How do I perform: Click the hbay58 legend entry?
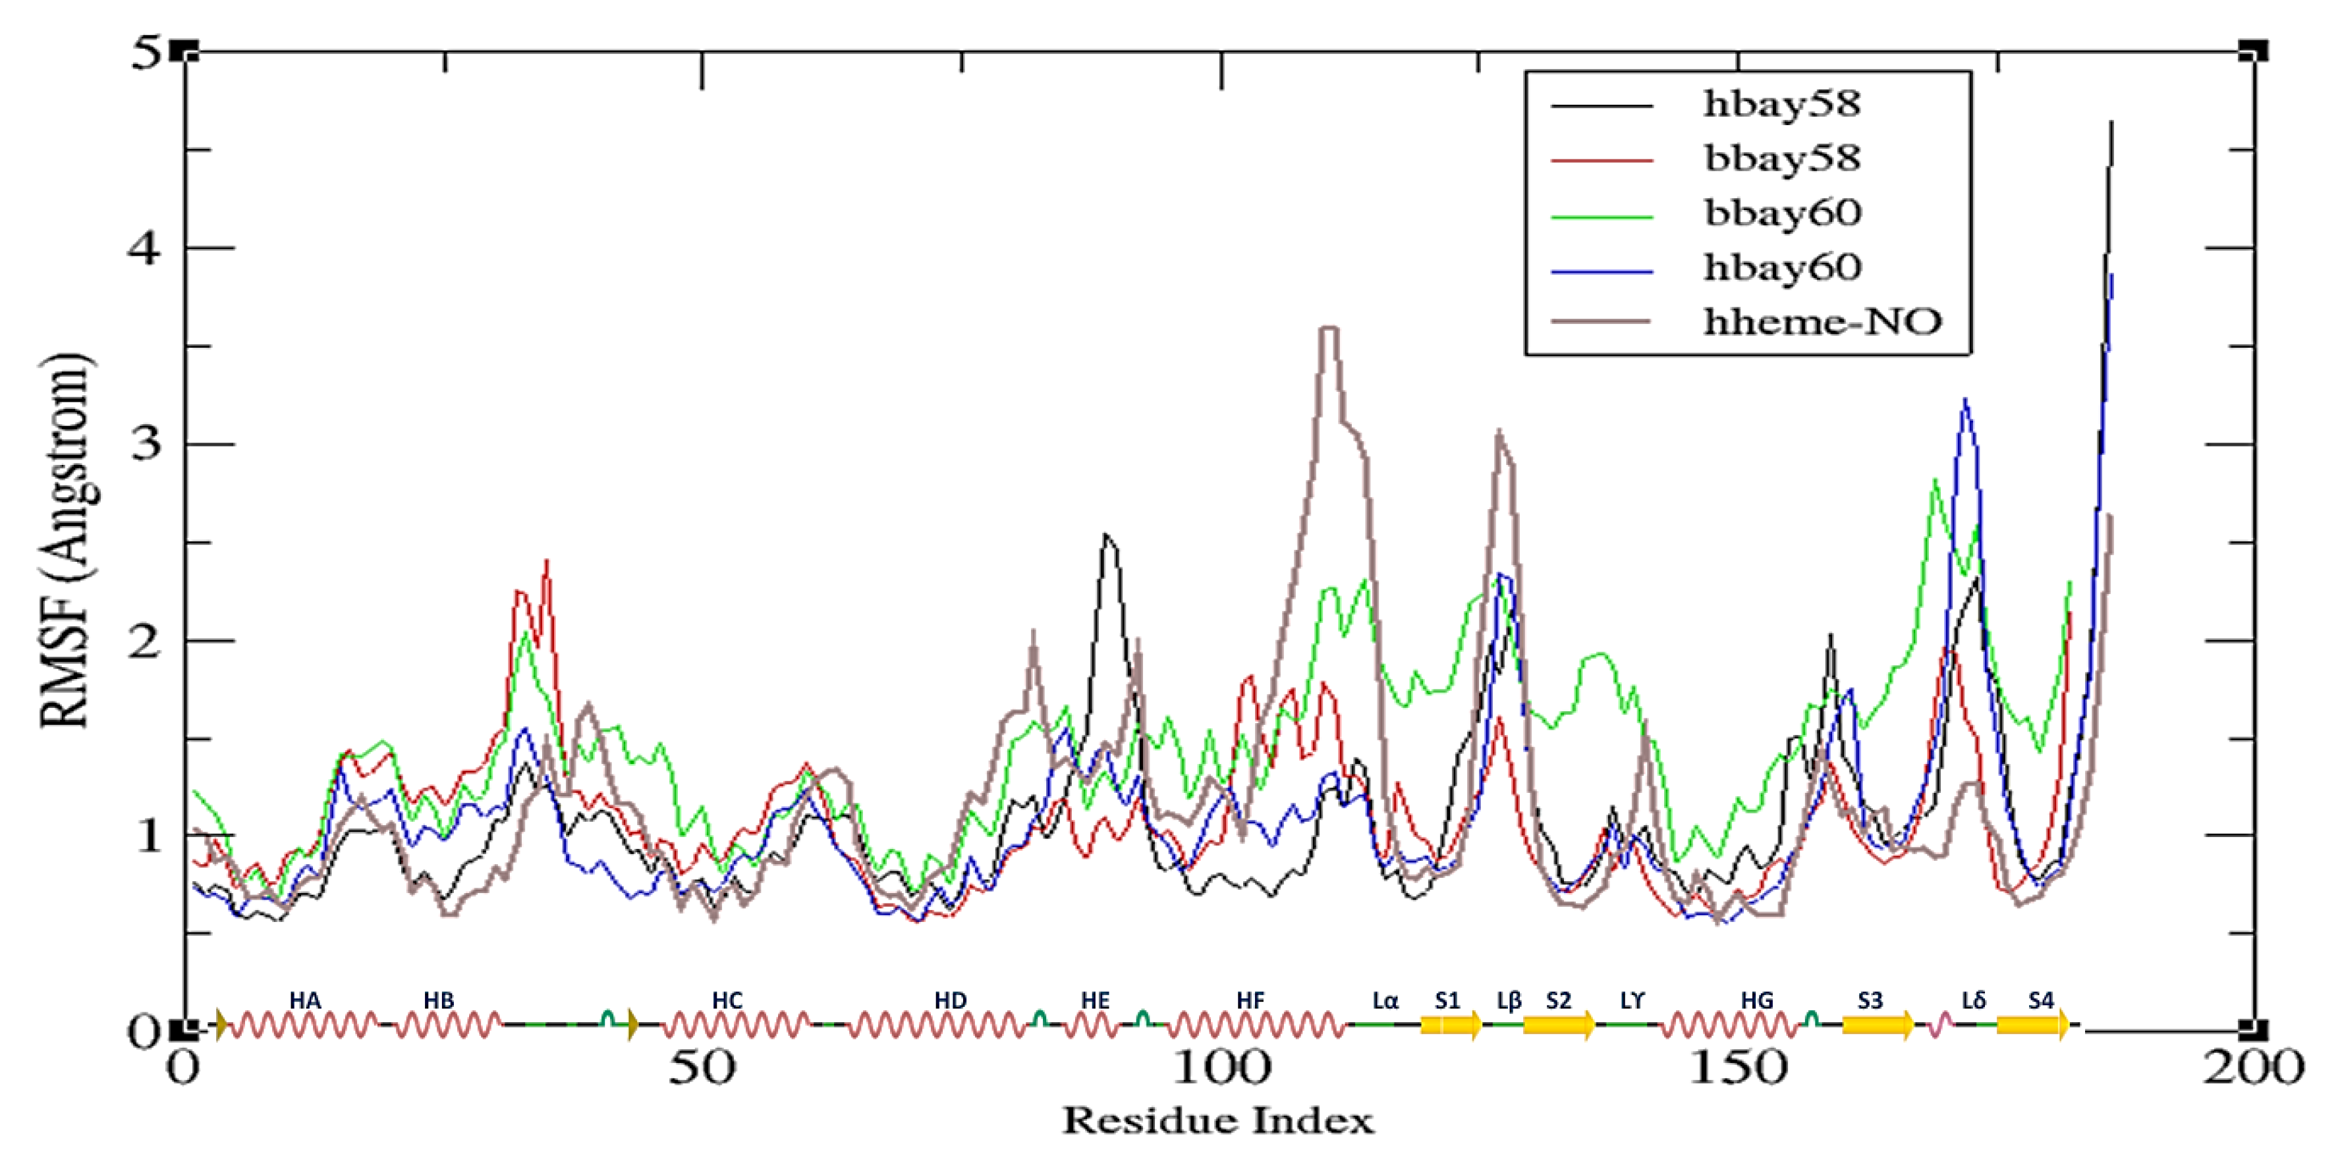[1781, 105]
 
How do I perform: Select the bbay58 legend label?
[1781, 159]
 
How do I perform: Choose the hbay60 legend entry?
[1781, 268]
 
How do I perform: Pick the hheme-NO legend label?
[1822, 323]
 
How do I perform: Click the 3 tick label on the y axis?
[146, 445]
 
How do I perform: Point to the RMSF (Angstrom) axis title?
[65, 540]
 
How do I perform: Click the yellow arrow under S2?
[1559, 1025]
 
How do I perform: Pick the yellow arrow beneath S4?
[2033, 1025]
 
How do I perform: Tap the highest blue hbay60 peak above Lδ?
[1965, 400]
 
